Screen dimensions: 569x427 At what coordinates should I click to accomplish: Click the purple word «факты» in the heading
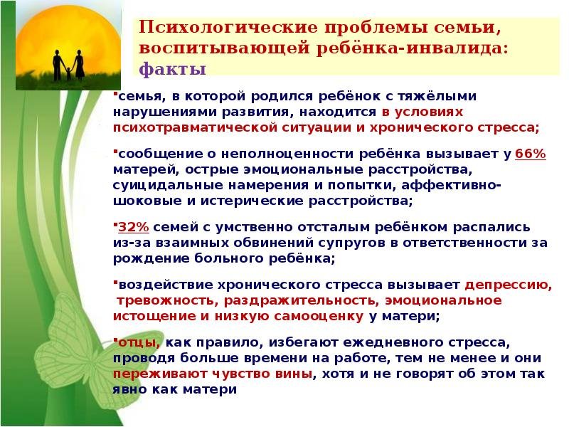coord(172,69)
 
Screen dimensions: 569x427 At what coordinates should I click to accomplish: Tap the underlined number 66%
coord(530,154)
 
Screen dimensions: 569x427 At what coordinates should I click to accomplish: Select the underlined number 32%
coord(134,227)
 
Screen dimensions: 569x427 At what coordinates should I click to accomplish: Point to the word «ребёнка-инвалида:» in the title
coord(412,48)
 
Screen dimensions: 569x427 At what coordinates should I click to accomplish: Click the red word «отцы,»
coord(139,343)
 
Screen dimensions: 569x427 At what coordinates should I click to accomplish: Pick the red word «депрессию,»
coord(509,285)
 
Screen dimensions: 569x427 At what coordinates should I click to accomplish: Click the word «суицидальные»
coord(167,185)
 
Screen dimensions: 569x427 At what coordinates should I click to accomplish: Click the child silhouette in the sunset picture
coord(68,73)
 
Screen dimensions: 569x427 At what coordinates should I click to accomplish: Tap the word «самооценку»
coord(319,316)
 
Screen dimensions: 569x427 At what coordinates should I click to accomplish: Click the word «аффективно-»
coord(451,185)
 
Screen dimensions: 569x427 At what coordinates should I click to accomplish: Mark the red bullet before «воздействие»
coord(115,281)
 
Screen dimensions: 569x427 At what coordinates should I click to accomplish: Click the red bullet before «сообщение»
coord(115,150)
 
